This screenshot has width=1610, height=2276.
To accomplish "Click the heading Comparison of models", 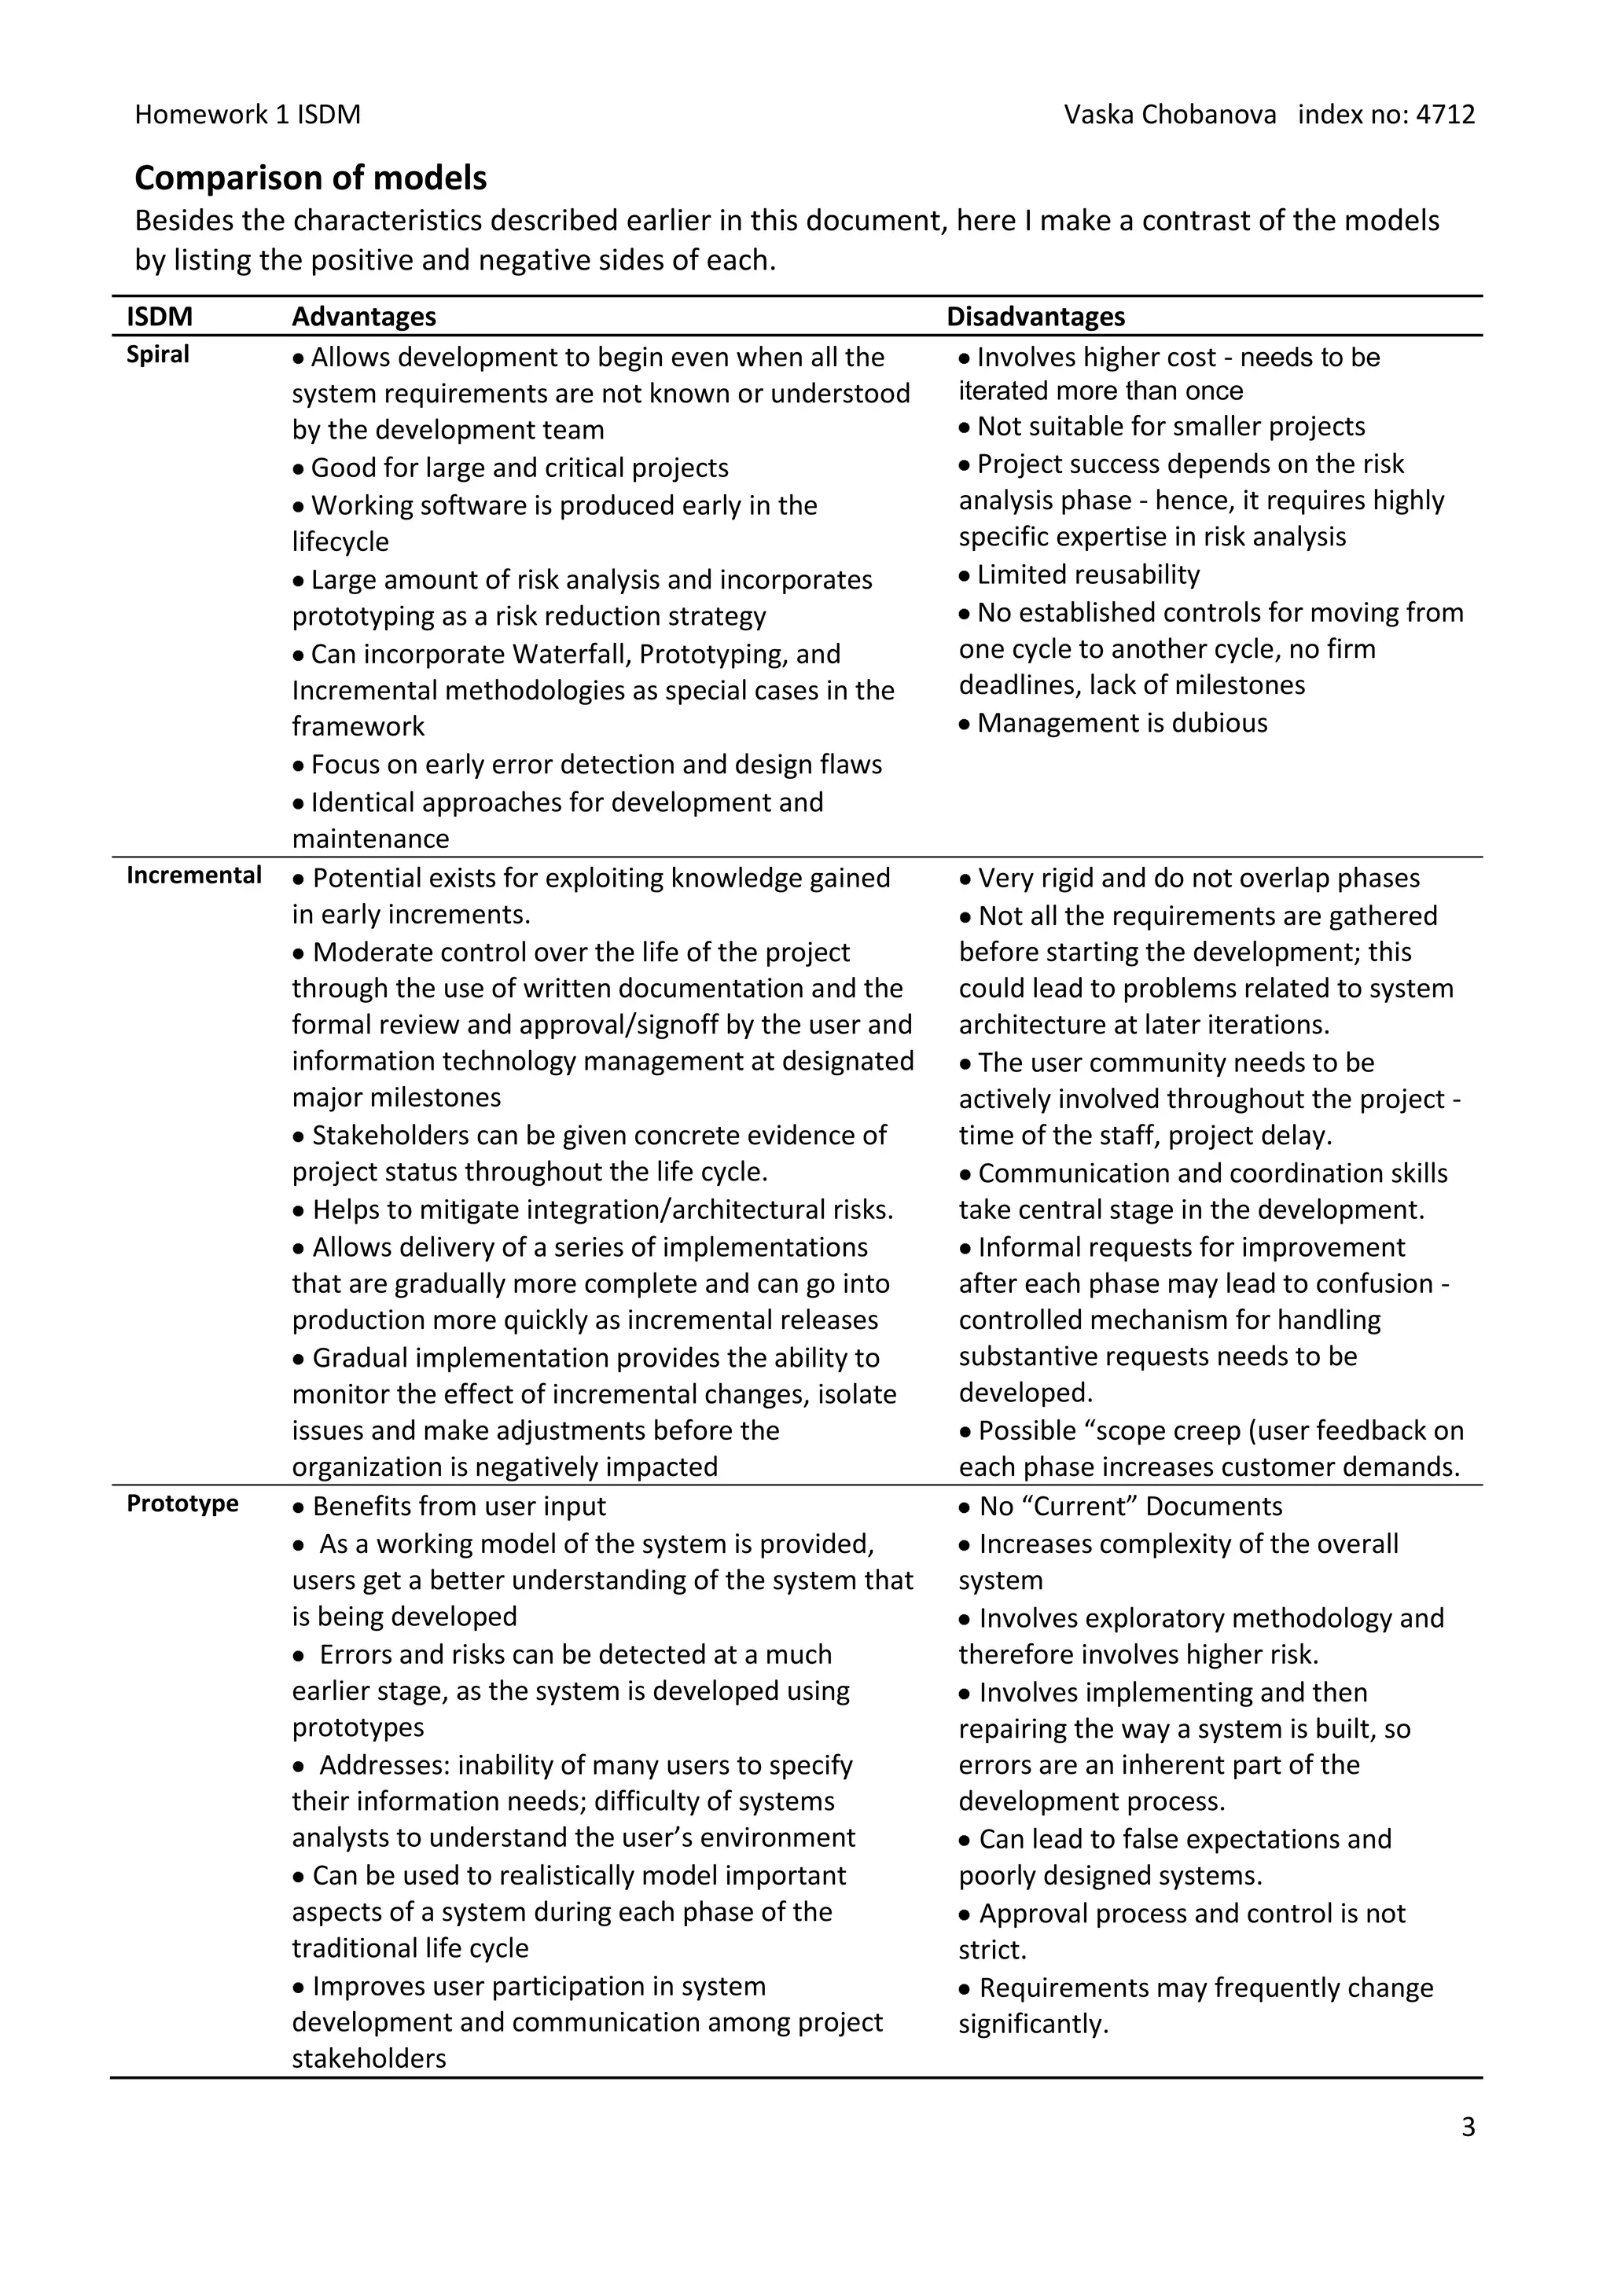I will tap(311, 178).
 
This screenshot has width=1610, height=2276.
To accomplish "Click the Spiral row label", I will tap(158, 355).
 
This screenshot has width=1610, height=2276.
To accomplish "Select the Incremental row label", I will tap(193, 876).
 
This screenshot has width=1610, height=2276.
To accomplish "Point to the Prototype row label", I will tap(182, 1503).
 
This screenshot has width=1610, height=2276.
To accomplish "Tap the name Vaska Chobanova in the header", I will tap(1170, 115).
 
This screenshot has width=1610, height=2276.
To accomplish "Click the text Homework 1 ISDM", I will tap(247, 115).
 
